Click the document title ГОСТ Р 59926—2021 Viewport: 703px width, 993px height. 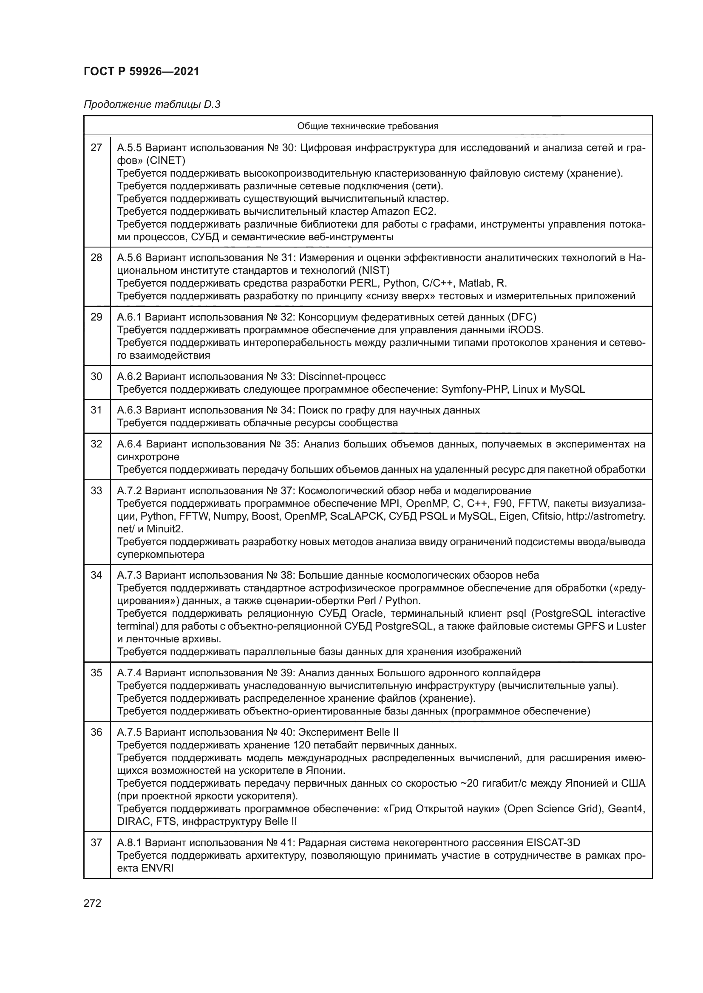142,71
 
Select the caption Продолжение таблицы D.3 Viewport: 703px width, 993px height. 152,105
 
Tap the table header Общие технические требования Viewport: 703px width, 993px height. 368,126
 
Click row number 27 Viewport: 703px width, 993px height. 96,148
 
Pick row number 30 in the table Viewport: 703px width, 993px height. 96,376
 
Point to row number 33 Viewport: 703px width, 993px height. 96,491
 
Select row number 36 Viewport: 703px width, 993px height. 96,732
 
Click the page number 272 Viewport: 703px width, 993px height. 92,903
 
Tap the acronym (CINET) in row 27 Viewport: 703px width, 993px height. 165,161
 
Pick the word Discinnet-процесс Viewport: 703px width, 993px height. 342,376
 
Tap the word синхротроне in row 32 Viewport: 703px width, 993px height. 148,457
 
